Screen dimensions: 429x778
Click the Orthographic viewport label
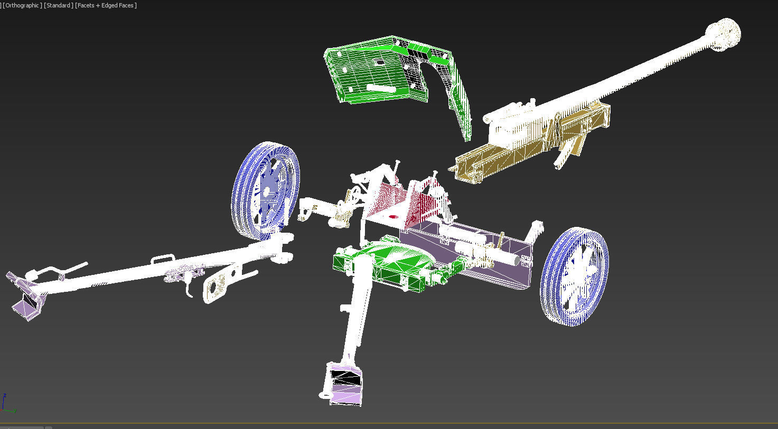click(22, 5)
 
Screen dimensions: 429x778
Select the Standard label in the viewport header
click(58, 5)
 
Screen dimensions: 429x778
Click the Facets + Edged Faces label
click(106, 5)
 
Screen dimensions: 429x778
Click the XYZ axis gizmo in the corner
click(7, 404)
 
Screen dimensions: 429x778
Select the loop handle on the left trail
click(163, 259)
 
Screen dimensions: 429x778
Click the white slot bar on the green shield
click(380, 89)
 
